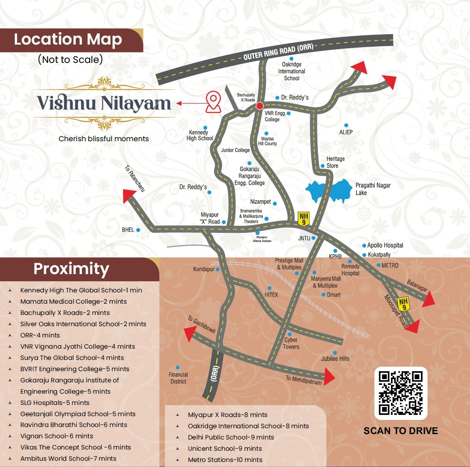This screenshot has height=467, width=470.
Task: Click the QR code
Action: coord(401,393)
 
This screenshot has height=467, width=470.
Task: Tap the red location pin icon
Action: coord(213,102)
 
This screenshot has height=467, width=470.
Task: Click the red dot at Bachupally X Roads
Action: coord(260,106)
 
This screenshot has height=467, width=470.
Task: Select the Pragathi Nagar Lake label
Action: coord(373,189)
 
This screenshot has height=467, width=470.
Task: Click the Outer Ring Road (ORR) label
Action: coord(278,51)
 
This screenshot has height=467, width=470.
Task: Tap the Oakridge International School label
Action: coord(292,71)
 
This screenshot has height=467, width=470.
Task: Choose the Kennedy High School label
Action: coord(200,135)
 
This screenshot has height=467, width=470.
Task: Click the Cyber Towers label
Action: coord(291,343)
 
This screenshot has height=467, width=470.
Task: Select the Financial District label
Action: coord(178,378)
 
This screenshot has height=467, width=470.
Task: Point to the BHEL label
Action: coord(128,230)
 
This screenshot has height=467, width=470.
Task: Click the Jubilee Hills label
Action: coord(335,359)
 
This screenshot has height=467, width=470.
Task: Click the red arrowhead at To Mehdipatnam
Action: coord(329,377)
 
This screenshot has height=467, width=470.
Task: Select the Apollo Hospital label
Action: coord(385,245)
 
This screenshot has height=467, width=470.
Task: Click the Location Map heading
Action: coord(68,40)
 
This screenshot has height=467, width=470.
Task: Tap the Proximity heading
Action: coord(71,269)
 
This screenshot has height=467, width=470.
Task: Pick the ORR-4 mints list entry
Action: coord(40,335)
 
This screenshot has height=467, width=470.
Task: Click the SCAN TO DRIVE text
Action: coord(401,431)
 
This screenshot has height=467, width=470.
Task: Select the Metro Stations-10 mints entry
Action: coord(225,460)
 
